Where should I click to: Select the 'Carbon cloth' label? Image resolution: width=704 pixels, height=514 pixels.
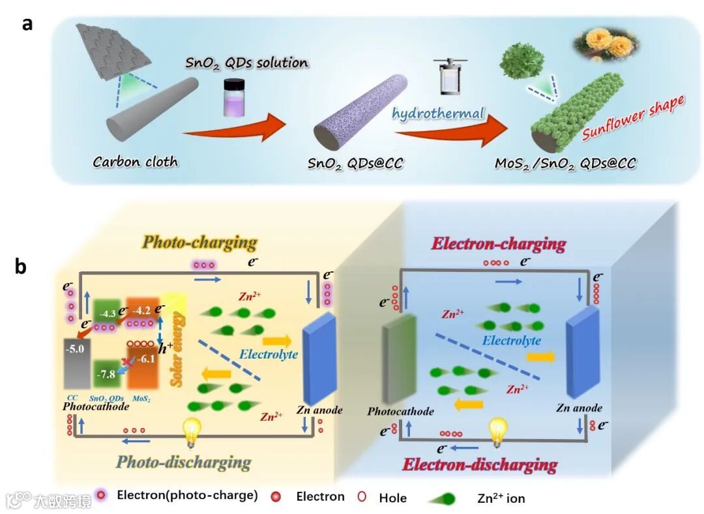coord(136,161)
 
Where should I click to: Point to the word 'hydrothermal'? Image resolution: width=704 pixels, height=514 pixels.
coord(438,113)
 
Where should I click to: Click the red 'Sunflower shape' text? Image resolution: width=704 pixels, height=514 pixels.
coord(633,118)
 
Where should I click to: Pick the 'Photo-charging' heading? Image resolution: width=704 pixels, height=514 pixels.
coord(199,243)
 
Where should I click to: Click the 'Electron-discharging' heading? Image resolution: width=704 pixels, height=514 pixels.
coord(480,464)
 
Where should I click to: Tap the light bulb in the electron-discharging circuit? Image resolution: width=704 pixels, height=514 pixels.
coord(499,431)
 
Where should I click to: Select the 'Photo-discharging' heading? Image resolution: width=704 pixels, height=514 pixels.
coord(184,462)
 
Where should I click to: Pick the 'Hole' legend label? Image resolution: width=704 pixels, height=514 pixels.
coord(392,498)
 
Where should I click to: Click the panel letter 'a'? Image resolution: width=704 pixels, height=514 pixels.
coord(27,24)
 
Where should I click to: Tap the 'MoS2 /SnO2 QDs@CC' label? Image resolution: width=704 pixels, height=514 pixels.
coord(565,162)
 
